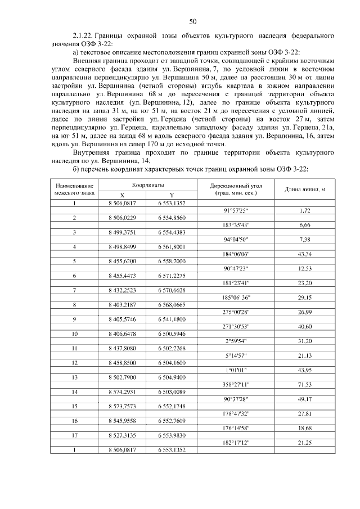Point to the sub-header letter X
(122, 195)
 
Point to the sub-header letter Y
(172, 195)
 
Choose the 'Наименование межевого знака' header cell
(73, 189)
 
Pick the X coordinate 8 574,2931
(122, 391)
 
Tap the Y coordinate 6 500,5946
(172, 334)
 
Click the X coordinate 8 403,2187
(122, 305)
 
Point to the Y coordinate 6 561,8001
(172, 247)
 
